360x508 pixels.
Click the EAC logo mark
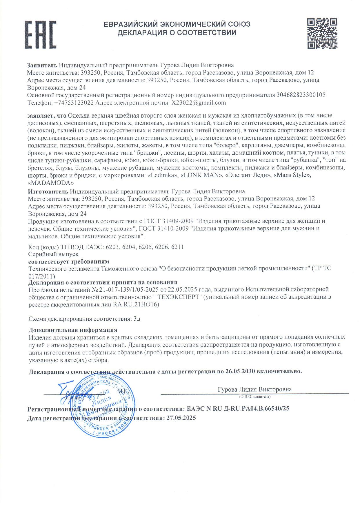tap(41, 34)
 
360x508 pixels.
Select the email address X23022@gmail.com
tap(199, 103)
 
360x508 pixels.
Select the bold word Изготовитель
tap(48, 191)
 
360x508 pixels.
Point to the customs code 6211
tap(177, 247)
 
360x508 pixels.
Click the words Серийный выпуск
tap(54, 254)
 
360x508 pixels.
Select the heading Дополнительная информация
tap(73, 330)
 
